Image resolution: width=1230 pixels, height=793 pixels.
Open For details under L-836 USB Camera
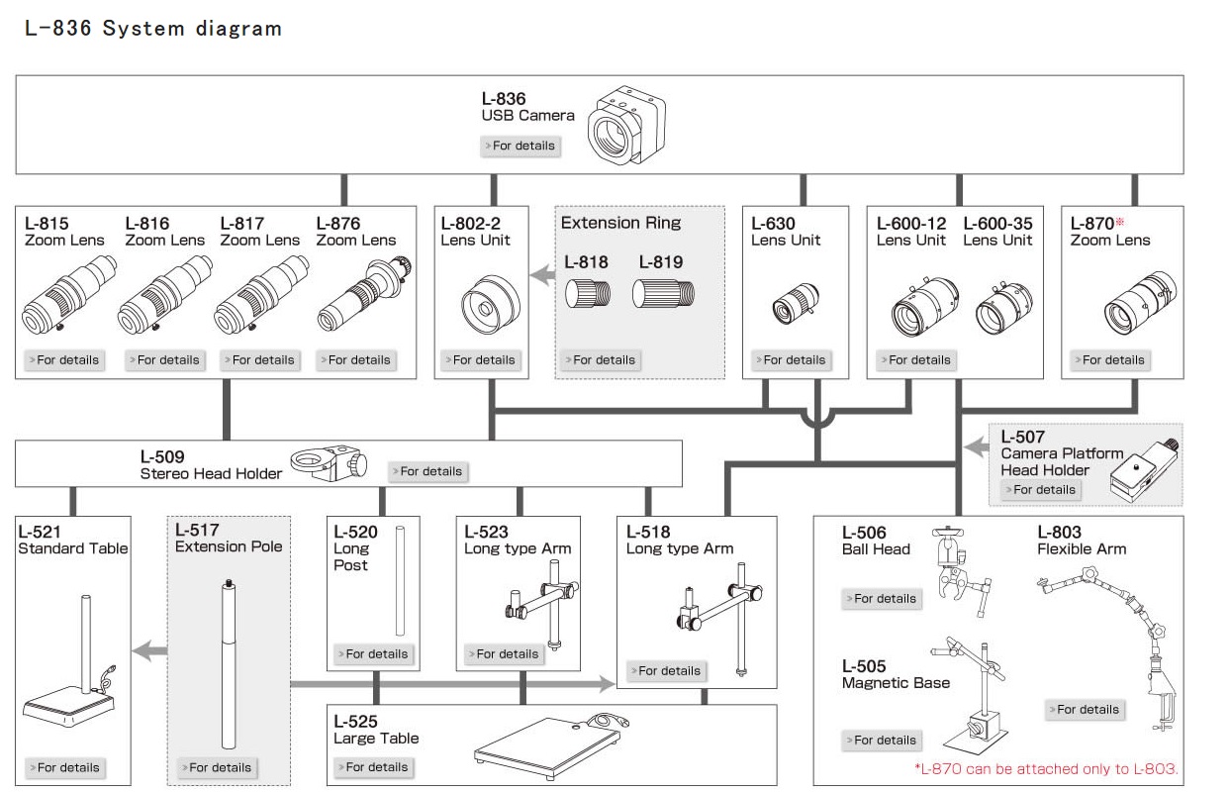520,146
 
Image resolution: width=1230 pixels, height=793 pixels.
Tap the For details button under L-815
64,360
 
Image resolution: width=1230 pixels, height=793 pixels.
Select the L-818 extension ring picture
587,293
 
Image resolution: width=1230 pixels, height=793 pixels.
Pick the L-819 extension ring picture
663,293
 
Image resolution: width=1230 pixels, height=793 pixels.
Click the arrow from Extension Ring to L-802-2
542,275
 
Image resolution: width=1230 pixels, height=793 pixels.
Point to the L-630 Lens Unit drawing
796,304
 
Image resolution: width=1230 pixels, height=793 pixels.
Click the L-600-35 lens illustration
1003,308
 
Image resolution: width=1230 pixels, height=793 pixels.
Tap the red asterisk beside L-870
1119,222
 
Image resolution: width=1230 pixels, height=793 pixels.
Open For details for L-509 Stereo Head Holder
427,471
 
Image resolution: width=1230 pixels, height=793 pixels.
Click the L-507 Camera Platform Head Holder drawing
1144,470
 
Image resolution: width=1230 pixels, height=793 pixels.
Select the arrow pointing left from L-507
977,446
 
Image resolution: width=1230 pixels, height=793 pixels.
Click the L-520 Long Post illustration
400,581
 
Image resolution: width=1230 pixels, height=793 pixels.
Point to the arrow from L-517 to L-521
149,651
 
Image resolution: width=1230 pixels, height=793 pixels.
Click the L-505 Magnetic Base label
896,674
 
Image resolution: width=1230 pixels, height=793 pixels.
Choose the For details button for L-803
1085,710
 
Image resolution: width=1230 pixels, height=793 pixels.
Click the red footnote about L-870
1046,769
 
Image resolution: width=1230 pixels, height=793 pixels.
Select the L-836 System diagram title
153,29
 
